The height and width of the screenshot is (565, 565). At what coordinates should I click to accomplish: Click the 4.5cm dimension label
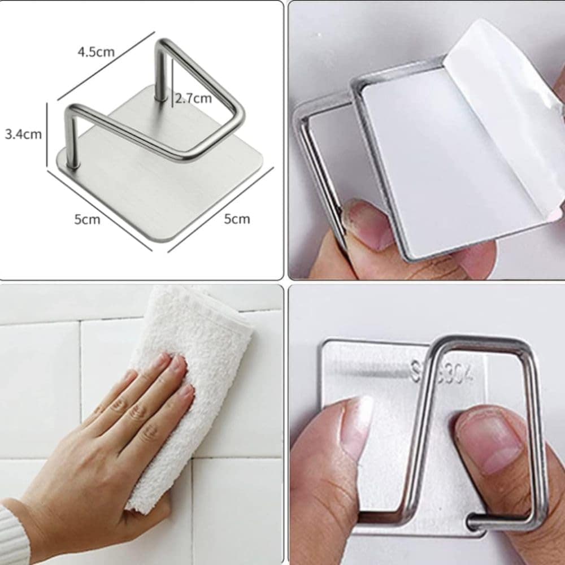pos(96,52)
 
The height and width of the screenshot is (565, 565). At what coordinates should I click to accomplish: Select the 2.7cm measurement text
pos(193,98)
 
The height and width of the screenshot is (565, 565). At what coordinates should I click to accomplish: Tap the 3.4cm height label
pos(23,134)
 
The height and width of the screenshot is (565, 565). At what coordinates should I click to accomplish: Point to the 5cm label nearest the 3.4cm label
pos(87,219)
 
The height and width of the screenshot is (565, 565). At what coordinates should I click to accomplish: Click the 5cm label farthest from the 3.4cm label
pos(237,219)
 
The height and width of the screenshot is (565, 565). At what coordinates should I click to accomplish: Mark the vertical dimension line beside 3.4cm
pos(47,134)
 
